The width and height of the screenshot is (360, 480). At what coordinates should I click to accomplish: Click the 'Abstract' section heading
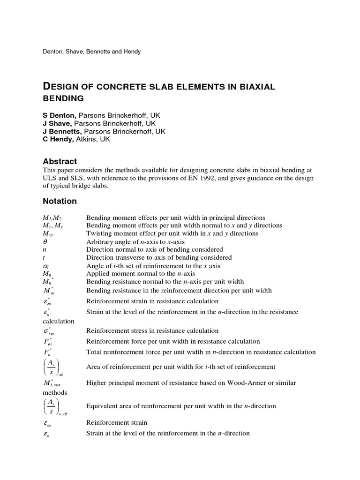(60, 161)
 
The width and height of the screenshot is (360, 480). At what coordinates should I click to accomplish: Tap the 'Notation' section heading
(60, 201)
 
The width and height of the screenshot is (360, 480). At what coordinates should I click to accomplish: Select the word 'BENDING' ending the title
(63, 98)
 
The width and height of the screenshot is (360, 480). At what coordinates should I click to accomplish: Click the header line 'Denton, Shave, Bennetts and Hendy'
(92, 52)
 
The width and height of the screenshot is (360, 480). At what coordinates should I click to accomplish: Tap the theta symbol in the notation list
(45, 241)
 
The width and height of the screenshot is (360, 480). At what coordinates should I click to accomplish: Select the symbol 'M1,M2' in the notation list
(52, 217)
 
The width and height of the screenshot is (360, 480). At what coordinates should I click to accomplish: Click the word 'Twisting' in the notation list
(99, 233)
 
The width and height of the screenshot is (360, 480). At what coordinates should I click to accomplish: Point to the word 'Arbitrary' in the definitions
(100, 241)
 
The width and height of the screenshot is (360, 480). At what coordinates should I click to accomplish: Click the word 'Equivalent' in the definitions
(103, 406)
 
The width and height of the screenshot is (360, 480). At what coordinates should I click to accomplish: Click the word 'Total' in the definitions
(94, 352)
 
